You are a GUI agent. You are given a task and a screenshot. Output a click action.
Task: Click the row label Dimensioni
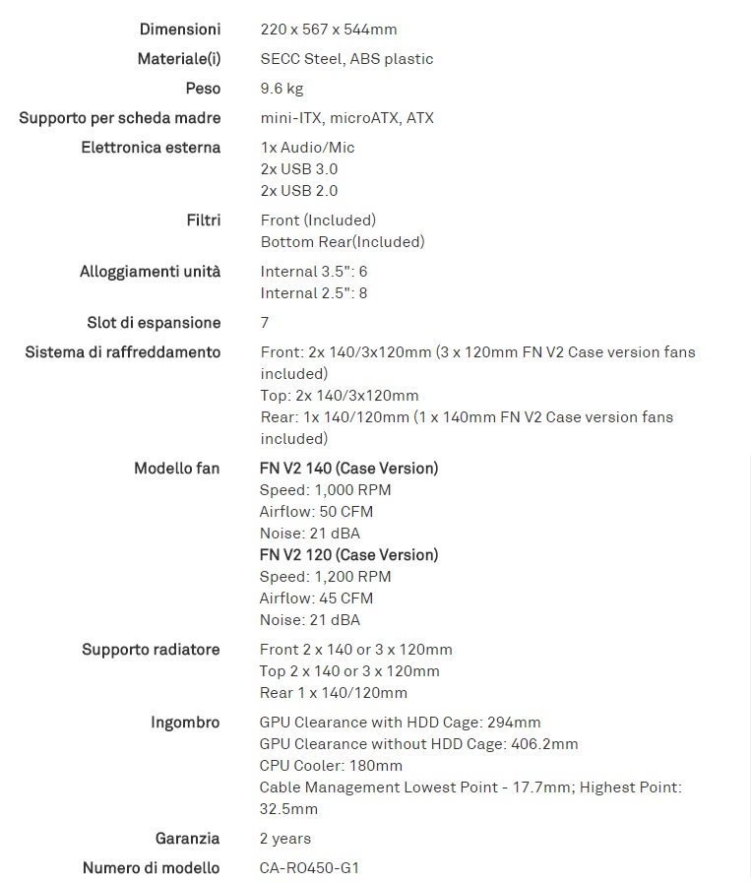click(180, 30)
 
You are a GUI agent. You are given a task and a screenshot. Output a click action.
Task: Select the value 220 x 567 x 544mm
click(329, 30)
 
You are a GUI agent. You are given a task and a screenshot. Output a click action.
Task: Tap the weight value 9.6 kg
click(282, 89)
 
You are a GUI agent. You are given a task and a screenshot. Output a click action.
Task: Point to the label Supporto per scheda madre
click(120, 118)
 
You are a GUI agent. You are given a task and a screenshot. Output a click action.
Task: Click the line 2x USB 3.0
click(299, 169)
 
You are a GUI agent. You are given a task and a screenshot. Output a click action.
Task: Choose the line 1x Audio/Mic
click(307, 148)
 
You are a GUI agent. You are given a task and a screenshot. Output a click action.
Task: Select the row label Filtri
click(203, 220)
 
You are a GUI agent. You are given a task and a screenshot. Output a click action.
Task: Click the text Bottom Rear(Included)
click(343, 242)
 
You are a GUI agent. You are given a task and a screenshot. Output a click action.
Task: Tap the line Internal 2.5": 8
click(314, 293)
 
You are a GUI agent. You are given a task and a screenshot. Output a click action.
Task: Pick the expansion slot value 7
click(265, 323)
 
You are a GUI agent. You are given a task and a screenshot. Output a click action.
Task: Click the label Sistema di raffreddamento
click(123, 352)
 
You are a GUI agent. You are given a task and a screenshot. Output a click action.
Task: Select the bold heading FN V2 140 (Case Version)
click(348, 469)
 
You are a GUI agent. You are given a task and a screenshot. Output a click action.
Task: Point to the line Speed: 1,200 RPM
click(325, 577)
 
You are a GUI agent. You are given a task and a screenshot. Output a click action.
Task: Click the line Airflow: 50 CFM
click(316, 512)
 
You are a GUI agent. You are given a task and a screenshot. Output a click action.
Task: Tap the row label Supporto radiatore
click(151, 650)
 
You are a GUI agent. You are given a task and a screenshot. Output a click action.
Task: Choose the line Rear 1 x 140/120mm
click(334, 693)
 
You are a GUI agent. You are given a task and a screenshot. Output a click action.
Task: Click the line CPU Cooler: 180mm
click(331, 766)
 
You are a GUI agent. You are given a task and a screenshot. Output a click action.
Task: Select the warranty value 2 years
click(285, 839)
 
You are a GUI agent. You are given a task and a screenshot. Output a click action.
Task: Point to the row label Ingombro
click(185, 723)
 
